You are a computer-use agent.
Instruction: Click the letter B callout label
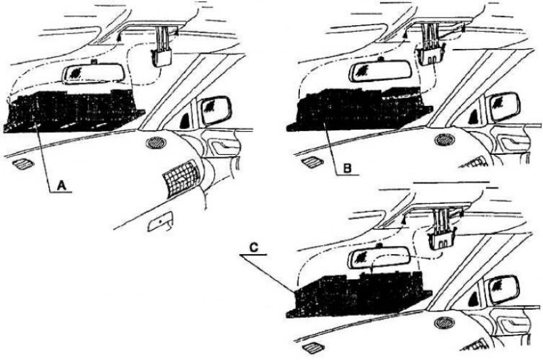(348, 168)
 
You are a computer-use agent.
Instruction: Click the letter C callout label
(253, 247)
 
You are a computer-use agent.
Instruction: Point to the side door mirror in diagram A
(216, 111)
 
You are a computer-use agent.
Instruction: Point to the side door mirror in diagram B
(503, 107)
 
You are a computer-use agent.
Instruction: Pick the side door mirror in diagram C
(502, 290)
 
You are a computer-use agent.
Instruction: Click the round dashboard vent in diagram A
(155, 143)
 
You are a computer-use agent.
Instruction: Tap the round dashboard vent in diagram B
(445, 140)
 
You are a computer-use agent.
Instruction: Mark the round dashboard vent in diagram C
(445, 323)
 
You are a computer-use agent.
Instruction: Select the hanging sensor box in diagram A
(162, 57)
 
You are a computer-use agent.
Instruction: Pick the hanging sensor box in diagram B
(431, 56)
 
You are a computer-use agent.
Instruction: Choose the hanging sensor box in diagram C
(442, 240)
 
